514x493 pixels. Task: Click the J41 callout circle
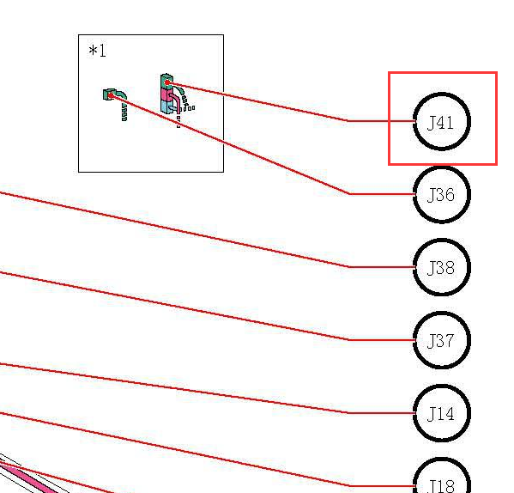click(442, 93)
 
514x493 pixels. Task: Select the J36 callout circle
click(442, 167)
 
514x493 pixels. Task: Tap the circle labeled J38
click(442, 239)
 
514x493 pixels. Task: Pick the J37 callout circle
click(442, 312)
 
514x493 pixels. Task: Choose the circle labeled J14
click(442, 385)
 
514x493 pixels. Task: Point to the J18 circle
click(442, 459)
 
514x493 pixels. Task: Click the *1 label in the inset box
click(97, 51)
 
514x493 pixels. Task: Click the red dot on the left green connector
click(111, 95)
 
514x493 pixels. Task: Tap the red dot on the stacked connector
click(167, 82)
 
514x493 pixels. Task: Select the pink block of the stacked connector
click(165, 94)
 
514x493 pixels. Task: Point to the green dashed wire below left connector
click(124, 112)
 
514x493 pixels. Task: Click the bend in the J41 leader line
click(348, 121)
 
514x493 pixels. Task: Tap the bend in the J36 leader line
click(348, 194)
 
